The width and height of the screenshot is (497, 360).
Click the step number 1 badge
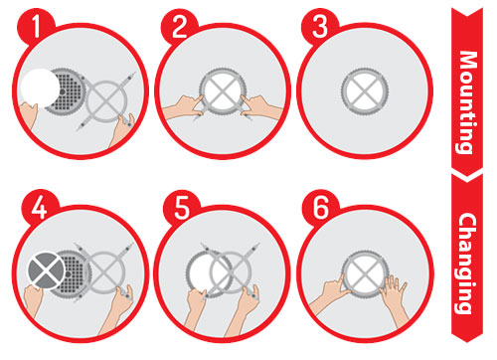36,27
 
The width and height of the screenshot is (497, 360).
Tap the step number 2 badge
180,27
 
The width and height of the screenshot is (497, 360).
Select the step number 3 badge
320,27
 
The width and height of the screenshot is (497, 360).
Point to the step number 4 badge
40,209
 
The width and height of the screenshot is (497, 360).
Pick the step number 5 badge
182,209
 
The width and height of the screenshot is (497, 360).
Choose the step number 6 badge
321,209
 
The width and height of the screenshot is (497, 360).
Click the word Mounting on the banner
467,102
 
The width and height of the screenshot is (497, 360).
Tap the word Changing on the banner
467,264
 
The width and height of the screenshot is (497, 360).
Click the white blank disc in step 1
40,88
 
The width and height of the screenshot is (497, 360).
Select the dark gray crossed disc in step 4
47,270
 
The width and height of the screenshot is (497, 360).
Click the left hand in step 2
182,106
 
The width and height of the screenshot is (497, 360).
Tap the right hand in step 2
261,106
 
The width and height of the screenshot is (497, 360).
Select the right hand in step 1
122,131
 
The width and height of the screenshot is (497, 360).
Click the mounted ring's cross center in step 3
365,90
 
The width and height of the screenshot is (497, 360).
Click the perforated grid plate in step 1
68,90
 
